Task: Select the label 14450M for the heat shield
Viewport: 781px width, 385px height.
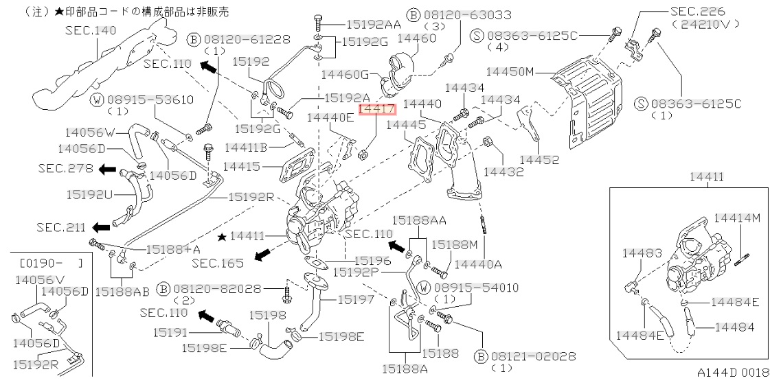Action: pos(510,71)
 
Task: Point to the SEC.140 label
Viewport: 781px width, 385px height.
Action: pos(91,30)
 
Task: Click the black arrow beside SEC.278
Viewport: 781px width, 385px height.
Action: pos(106,169)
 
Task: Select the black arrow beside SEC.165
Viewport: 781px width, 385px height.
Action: pos(260,255)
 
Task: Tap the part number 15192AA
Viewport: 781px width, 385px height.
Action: pos(373,23)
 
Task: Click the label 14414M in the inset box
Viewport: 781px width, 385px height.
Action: pos(738,218)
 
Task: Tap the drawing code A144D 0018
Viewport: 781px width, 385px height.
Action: pos(734,372)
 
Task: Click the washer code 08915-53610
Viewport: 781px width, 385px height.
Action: pos(149,100)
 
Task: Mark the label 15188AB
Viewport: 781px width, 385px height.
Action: pos(122,292)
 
